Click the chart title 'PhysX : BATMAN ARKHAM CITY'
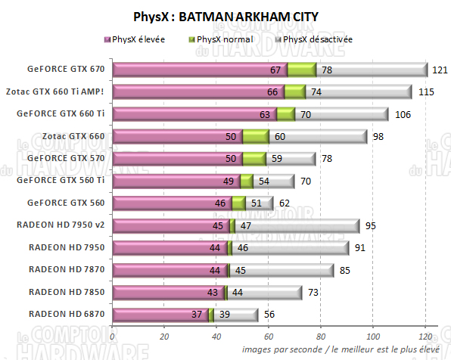point(225,14)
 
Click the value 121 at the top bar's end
point(440,70)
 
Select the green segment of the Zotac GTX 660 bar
point(256,137)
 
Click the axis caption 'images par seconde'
point(277,349)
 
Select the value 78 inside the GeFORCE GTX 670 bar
point(328,70)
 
